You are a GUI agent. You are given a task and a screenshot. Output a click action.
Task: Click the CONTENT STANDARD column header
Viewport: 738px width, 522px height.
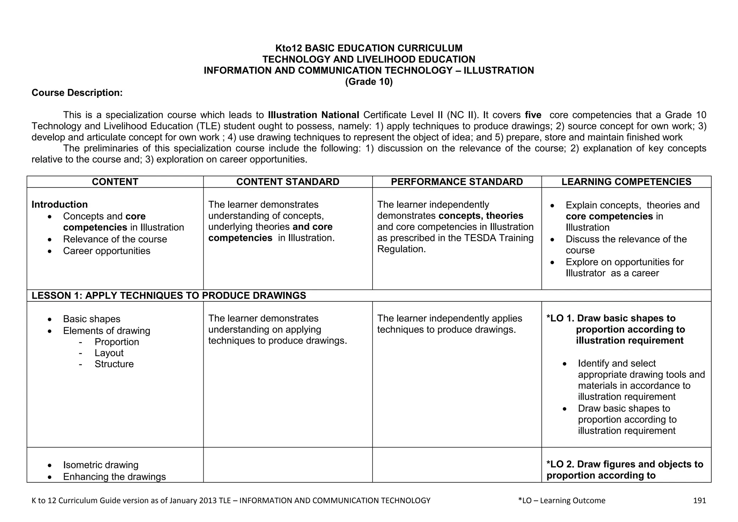click(x=288, y=182)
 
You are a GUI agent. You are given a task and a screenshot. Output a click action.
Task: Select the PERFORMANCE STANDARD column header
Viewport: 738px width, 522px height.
click(x=457, y=182)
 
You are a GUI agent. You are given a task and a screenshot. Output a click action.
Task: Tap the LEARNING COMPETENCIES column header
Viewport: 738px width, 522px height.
click(x=626, y=182)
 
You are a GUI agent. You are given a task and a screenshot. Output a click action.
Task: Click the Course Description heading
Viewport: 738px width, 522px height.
click(x=77, y=93)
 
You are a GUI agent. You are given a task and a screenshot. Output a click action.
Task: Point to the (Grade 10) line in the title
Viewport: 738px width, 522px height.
click(x=369, y=82)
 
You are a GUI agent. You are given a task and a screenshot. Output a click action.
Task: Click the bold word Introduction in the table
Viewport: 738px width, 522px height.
click(x=59, y=204)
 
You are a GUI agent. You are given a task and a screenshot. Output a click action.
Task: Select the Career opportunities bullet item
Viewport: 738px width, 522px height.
click(x=106, y=251)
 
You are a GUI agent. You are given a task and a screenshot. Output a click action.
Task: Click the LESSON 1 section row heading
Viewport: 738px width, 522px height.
click(x=169, y=296)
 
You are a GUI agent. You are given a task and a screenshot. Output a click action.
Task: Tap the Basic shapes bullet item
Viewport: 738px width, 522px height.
click(x=92, y=319)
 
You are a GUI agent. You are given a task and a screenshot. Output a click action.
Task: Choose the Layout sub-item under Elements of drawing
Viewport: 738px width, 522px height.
click(x=109, y=353)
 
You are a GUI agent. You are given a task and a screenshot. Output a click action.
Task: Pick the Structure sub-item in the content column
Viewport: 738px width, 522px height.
click(x=114, y=364)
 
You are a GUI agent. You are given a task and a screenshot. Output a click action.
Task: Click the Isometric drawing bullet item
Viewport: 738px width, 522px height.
click(x=101, y=465)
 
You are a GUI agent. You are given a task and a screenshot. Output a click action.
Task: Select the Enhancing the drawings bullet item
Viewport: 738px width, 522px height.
click(x=114, y=477)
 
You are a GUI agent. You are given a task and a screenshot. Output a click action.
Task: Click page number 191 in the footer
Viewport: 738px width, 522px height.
click(x=699, y=500)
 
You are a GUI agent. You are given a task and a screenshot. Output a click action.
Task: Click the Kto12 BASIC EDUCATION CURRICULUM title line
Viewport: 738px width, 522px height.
click(x=369, y=48)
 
